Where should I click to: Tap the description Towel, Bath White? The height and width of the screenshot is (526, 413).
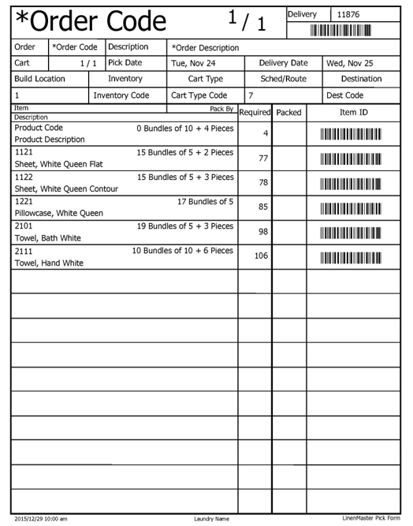pos(44,238)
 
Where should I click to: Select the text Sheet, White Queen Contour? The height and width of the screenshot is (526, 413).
pos(59,189)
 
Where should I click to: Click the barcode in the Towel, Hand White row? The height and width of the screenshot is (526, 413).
pos(351,256)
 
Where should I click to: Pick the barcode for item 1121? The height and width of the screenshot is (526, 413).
pos(351,159)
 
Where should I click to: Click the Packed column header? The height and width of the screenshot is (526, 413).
pos(288,113)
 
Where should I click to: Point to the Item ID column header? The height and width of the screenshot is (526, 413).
pos(353,113)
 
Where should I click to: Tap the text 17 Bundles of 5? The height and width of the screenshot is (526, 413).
pos(205,201)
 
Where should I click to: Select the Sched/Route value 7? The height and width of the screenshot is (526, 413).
pos(251,95)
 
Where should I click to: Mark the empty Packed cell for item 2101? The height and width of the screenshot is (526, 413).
pos(288,232)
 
